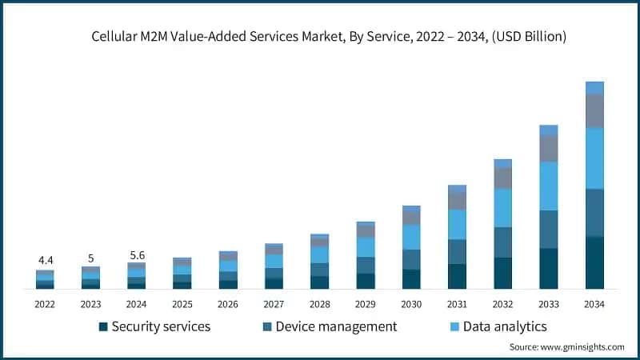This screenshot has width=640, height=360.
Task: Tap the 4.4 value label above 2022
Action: click(46, 261)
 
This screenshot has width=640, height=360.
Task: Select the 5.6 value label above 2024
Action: click(137, 254)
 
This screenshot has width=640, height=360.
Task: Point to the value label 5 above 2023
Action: click(91, 258)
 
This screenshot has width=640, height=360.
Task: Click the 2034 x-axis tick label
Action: click(594, 304)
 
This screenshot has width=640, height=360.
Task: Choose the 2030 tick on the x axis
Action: click(411, 304)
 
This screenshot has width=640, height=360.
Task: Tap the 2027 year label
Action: click(274, 304)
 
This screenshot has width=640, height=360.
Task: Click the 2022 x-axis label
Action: click(46, 304)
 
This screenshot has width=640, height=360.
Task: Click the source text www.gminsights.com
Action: click(566, 346)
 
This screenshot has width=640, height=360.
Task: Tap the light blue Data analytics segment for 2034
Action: click(594, 158)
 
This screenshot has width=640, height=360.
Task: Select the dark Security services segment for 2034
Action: click(594, 262)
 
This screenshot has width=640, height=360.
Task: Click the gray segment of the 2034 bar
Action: click(594, 110)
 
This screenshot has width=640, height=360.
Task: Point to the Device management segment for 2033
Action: click(548, 229)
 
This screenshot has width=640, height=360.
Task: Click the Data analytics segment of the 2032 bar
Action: click(502, 208)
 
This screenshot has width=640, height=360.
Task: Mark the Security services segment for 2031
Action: click(457, 276)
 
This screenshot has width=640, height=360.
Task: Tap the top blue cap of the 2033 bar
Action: click(548, 130)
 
